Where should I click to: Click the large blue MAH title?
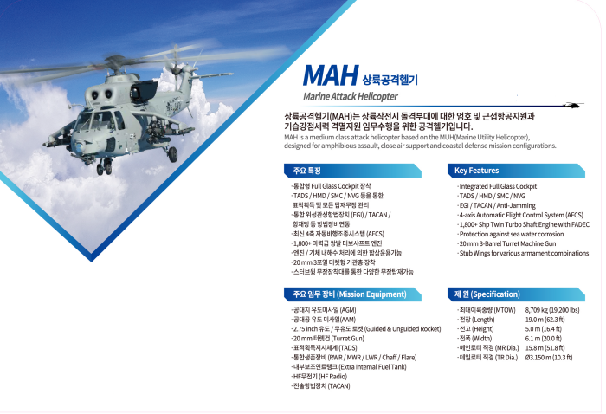[331, 75]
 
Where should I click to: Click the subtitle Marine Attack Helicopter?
[350, 96]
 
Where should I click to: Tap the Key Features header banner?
[516, 171]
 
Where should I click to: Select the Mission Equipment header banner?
[352, 294]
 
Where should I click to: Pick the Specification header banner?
[516, 294]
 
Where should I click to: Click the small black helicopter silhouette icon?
[572, 105]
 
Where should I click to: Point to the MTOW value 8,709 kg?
[552, 310]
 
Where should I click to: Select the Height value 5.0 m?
[543, 329]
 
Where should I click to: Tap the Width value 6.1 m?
[543, 339]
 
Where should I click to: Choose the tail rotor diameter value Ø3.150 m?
[548, 358]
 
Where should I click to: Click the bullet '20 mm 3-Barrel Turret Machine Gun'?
[506, 243]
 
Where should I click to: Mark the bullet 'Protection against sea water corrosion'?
[510, 234]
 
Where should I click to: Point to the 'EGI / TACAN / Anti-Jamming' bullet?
[497, 205]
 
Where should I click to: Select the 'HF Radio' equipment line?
[319, 377]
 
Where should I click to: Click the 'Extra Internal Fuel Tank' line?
[350, 367]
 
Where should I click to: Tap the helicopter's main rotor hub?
[115, 62]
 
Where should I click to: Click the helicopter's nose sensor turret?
[80, 147]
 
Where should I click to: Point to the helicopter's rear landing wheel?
[173, 155]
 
